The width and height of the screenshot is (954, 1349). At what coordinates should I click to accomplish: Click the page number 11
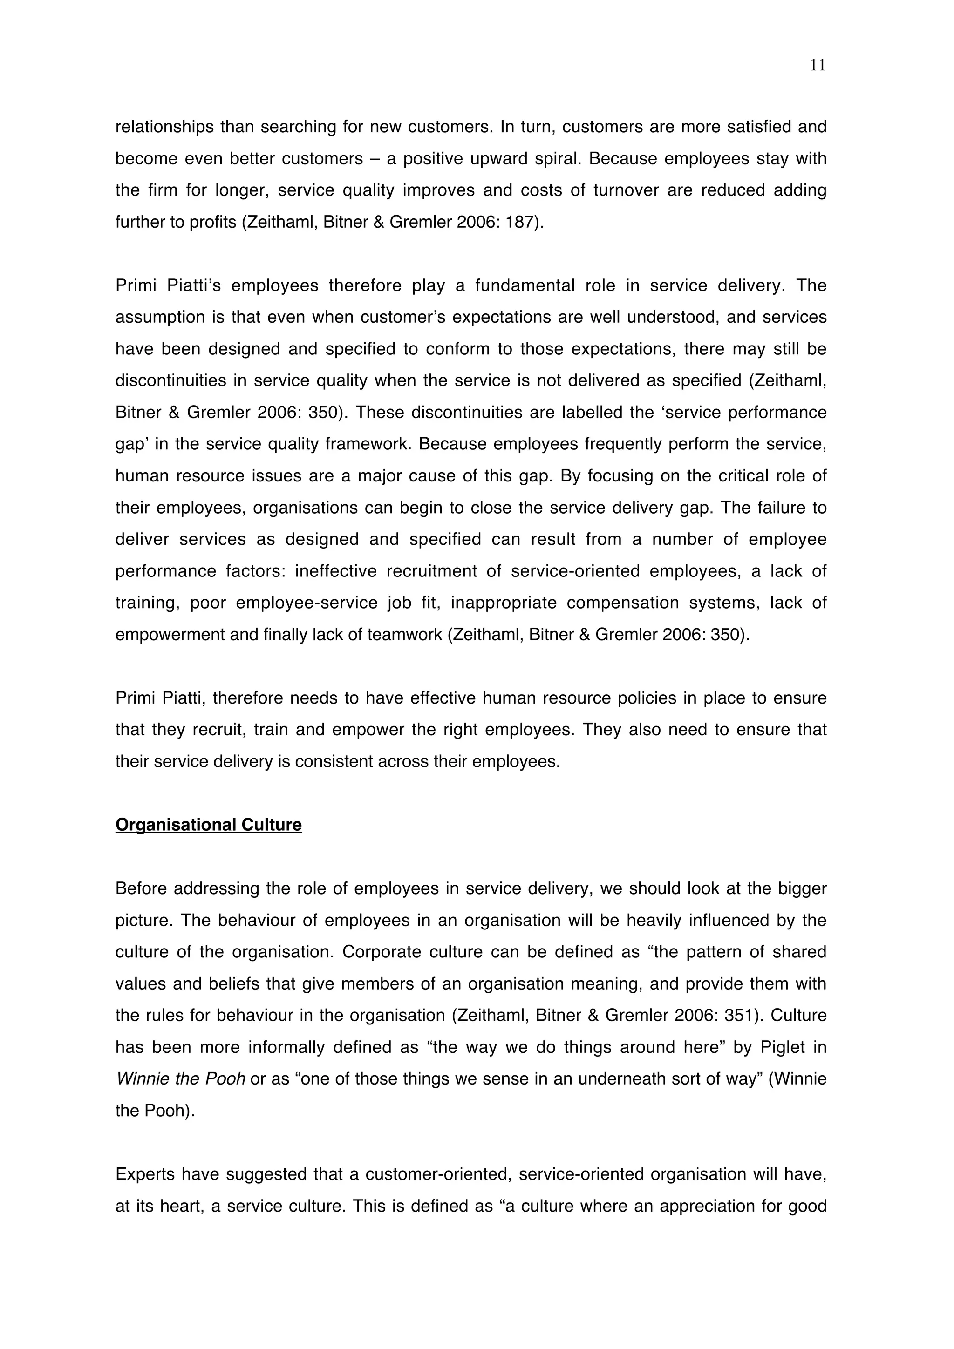(x=817, y=65)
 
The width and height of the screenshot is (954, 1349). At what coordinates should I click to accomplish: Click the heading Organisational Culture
(x=208, y=825)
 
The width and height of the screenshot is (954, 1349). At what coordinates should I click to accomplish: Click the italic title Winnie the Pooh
(x=180, y=1079)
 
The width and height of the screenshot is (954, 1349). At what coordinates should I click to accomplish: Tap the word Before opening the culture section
(x=139, y=888)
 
